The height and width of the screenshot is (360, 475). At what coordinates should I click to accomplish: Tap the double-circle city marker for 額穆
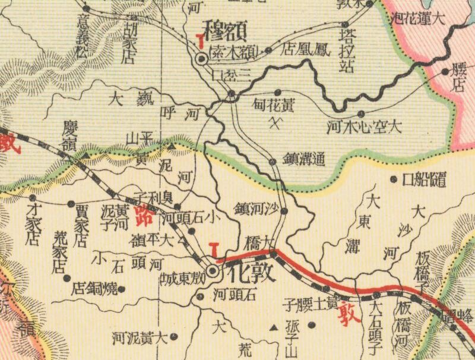coord(202,58)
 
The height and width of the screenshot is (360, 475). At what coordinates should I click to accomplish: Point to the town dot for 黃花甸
coord(278,92)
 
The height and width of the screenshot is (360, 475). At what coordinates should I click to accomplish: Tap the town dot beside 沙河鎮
coord(284,211)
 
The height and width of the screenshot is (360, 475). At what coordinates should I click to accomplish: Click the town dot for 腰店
coord(445,72)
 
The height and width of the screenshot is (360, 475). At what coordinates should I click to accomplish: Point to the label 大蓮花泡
coord(419,17)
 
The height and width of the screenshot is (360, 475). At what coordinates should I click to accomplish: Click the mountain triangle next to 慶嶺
coord(85,156)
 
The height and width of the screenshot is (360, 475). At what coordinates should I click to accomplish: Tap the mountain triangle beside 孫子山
coord(274,327)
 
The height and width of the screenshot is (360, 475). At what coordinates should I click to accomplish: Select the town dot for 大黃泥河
coord(173,337)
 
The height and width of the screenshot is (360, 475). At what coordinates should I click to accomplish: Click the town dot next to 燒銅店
coord(121,289)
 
